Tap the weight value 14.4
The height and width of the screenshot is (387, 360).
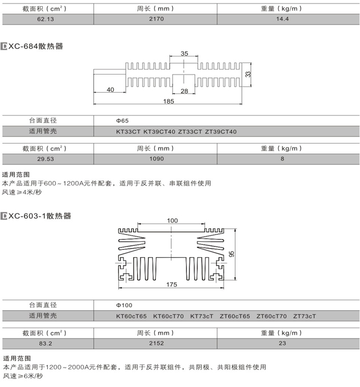coord(282,19)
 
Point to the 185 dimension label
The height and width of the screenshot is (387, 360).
coord(169,102)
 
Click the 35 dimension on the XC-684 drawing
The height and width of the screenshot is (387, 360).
coord(184,54)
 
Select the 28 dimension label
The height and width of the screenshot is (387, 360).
coord(184,90)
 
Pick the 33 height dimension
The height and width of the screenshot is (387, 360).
coord(248,74)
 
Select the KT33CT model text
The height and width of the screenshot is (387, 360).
coord(127,131)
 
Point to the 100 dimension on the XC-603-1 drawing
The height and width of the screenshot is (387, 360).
coord(173,220)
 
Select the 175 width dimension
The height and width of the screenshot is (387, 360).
coord(172,284)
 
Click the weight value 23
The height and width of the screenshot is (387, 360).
coord(282,343)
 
